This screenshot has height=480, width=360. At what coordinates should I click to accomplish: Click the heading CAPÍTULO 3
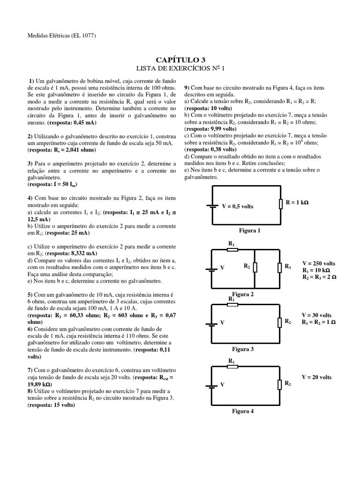180,60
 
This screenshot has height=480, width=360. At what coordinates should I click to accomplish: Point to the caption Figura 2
242,294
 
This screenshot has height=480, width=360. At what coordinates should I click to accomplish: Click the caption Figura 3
242,349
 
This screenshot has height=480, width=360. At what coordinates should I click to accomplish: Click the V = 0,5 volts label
238,206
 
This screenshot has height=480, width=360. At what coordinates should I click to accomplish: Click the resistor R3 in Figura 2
279,267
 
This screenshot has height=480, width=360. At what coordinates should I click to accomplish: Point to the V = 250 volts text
319,263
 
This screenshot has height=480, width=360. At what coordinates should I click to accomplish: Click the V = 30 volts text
317,315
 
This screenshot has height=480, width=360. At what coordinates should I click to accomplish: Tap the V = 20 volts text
317,377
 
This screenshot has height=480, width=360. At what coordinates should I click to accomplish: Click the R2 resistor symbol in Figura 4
279,384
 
